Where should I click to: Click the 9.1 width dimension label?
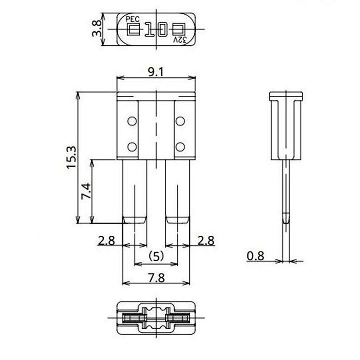156,72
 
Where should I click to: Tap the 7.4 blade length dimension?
85,191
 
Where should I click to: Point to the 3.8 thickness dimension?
96,29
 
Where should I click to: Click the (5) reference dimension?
156,256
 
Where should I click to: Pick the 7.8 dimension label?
156,278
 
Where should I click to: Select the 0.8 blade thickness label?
256,256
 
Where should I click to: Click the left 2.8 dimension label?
106,240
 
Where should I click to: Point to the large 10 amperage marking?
156,30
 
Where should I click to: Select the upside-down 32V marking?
180,40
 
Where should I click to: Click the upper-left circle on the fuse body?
132,121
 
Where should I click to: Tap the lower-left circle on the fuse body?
132,147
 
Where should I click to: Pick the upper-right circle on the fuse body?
180,121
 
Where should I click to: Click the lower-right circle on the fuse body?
180,147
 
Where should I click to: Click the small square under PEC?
133,30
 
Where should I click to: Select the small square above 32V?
179,30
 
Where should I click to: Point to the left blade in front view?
135,191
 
